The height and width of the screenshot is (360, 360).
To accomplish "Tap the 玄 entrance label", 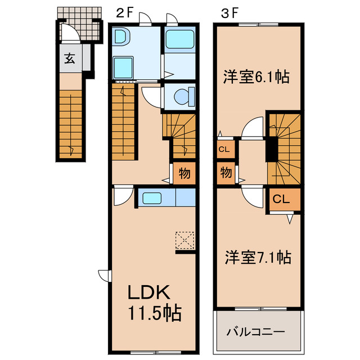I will pos(69,58).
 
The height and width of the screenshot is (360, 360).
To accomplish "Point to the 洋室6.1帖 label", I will pos(256,76).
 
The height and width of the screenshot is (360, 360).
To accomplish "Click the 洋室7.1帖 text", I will pos(257,258).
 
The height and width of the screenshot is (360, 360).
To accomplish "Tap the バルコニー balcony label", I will pos(256,332).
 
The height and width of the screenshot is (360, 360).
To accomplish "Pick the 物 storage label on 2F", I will pos(184,173).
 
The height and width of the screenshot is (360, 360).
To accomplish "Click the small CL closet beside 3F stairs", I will pos(224,150).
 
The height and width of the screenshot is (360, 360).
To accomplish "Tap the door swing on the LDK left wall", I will pos(104,274).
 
